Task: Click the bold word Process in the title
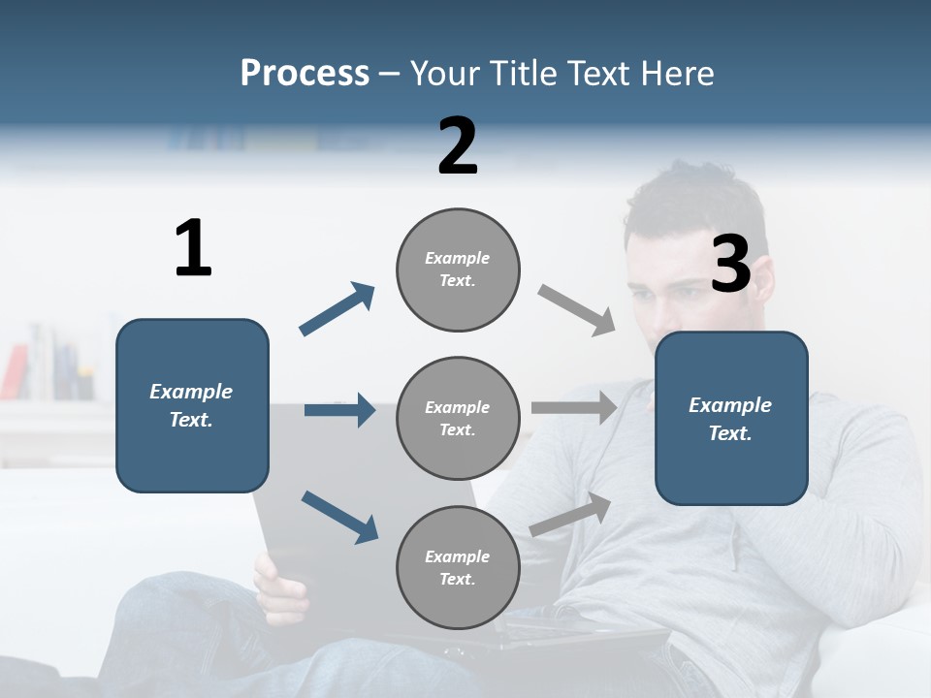click(305, 74)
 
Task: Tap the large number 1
click(193, 248)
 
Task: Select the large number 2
click(457, 146)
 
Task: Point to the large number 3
click(730, 264)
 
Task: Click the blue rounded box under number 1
click(192, 405)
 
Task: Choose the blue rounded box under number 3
click(731, 418)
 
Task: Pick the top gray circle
click(458, 270)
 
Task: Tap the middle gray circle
click(458, 418)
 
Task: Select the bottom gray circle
click(458, 567)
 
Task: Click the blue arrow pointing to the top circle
click(337, 309)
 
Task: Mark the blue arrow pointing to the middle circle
click(339, 410)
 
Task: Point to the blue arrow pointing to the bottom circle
click(339, 517)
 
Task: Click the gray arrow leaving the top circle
click(577, 310)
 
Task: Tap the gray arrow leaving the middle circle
click(574, 407)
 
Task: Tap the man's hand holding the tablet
click(278, 587)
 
